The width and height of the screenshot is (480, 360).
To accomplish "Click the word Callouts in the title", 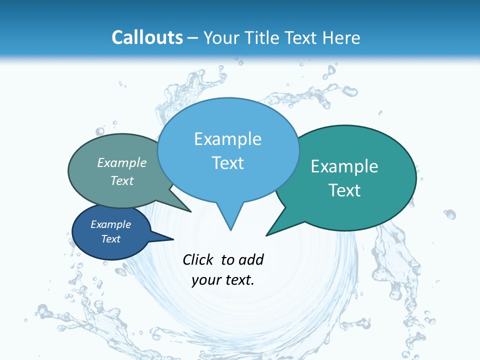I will (147, 37).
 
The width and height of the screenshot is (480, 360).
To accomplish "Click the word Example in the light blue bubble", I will (227, 139).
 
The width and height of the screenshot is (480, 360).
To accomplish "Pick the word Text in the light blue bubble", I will (227, 163).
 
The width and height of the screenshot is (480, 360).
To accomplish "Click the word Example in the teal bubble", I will (344, 166).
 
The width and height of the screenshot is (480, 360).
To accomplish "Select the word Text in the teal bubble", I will (344, 190).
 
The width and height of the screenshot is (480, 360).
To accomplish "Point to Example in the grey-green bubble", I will (122, 162).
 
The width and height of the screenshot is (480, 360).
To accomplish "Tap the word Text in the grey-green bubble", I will (122, 180).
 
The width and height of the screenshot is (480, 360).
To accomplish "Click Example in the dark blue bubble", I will (111, 224).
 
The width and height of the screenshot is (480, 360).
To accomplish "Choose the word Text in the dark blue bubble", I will (111, 239).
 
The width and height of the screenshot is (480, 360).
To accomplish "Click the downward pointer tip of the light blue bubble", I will (230, 229).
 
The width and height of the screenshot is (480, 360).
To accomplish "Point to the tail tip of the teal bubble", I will (267, 234).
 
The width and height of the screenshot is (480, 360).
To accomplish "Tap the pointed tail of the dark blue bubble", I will (172, 239).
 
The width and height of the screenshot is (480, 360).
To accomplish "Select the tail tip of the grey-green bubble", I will (190, 211).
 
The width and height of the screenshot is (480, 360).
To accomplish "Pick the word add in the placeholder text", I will (251, 259).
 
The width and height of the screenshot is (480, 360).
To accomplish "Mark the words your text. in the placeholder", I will (223, 280).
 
